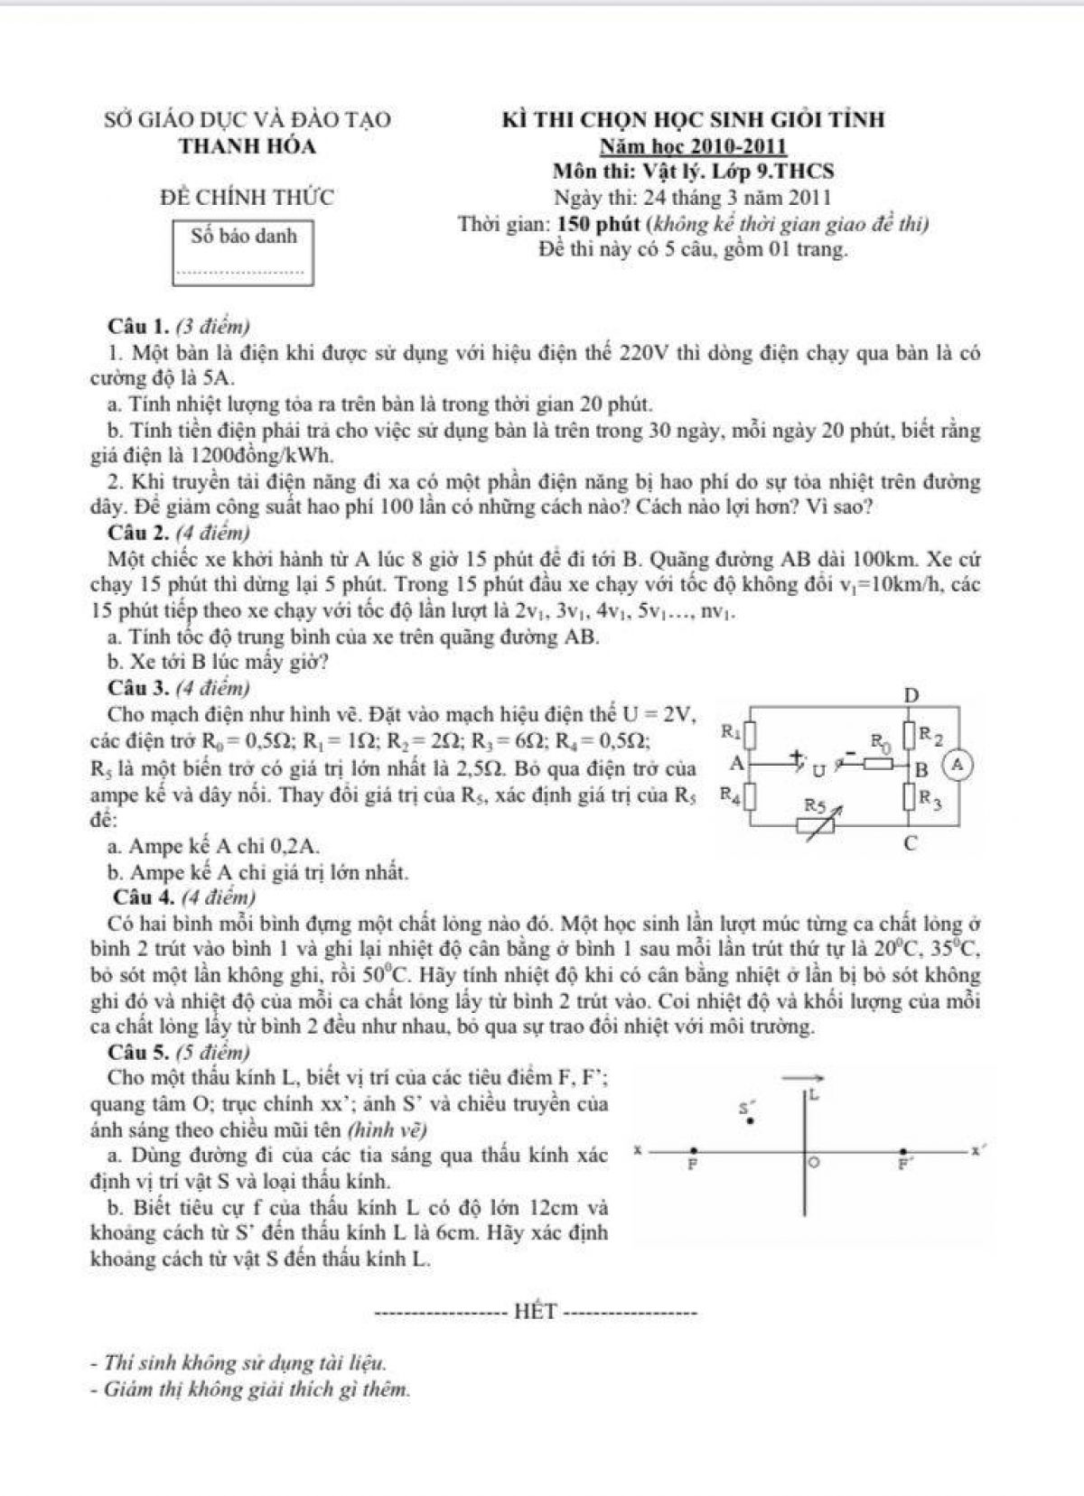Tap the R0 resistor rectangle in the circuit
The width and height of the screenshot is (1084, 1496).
[x=883, y=765]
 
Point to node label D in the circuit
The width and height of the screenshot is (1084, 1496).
[x=911, y=695]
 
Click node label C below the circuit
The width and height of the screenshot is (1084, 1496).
[x=911, y=844]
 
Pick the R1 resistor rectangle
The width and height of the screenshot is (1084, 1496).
[x=749, y=731]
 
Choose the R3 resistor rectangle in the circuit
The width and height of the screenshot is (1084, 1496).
[x=911, y=797]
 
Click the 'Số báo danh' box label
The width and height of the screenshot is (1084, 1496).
[x=244, y=237]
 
